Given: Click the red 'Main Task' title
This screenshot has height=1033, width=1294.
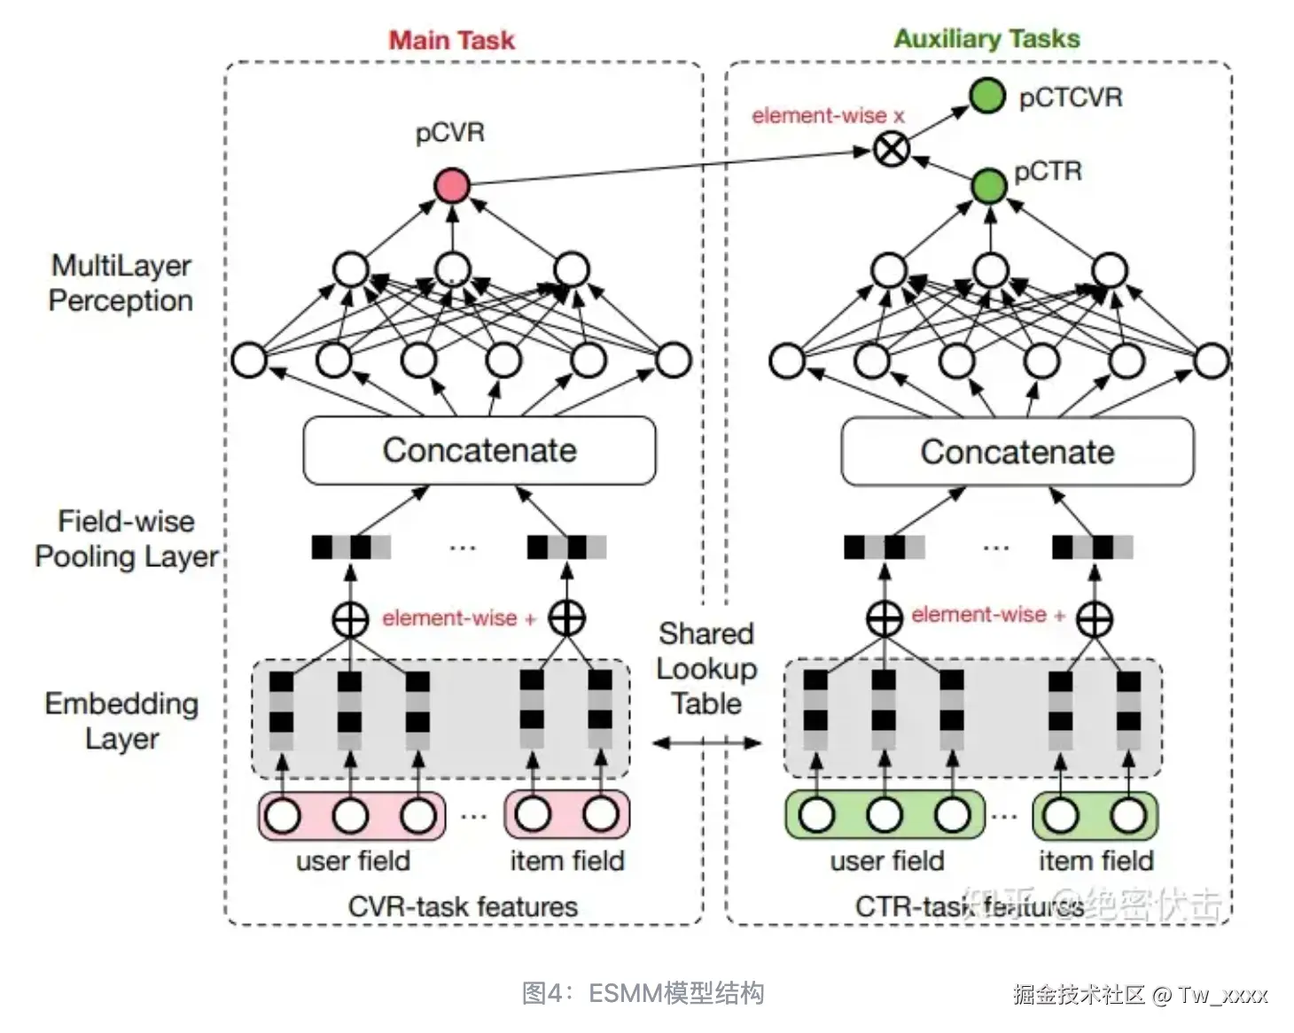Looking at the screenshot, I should click(x=451, y=40).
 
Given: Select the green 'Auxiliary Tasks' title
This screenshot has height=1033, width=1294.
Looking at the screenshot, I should click(x=986, y=39).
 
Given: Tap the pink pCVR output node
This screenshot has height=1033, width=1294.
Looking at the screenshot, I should click(x=452, y=185).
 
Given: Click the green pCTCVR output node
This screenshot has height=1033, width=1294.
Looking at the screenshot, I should click(x=986, y=96).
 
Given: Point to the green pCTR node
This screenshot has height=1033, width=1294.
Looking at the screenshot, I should click(x=989, y=185).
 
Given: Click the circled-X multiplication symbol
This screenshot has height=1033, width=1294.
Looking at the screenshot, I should click(x=891, y=149).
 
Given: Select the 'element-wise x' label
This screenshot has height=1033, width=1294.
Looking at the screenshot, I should click(x=828, y=115).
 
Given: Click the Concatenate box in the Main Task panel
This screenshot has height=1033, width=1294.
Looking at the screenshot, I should click(x=479, y=451).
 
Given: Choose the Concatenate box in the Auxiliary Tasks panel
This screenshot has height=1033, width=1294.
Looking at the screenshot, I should click(x=1017, y=453).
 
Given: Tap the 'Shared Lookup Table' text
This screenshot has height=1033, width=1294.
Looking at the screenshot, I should click(x=706, y=669).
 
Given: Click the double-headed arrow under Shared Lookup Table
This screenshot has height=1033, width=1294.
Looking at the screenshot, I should click(x=706, y=743).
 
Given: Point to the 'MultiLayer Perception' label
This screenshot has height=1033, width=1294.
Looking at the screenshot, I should click(x=121, y=283).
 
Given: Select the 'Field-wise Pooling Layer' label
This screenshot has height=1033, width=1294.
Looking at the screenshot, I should click(x=126, y=539).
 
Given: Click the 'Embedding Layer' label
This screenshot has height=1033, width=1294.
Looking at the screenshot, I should click(x=121, y=720).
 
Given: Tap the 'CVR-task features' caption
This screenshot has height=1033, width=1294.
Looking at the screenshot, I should click(x=463, y=906).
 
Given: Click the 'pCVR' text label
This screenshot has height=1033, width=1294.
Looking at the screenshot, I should click(x=450, y=133).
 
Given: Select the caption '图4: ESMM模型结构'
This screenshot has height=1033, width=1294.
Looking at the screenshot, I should click(x=643, y=993).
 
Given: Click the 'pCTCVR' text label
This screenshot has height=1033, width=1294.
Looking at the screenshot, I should click(x=1071, y=97).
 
